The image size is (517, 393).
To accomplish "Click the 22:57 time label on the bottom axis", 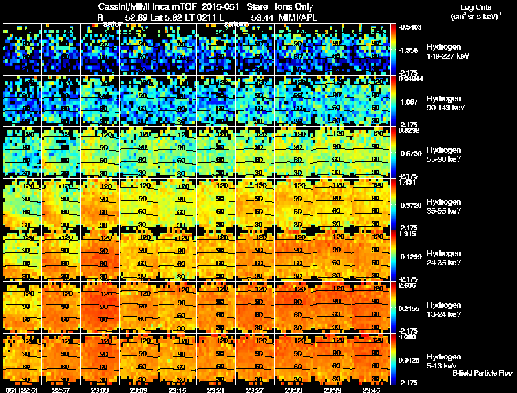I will click(x=61, y=390).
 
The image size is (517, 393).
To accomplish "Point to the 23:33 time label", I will click(x=294, y=390).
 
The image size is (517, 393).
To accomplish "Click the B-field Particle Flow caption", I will click(x=482, y=373).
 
